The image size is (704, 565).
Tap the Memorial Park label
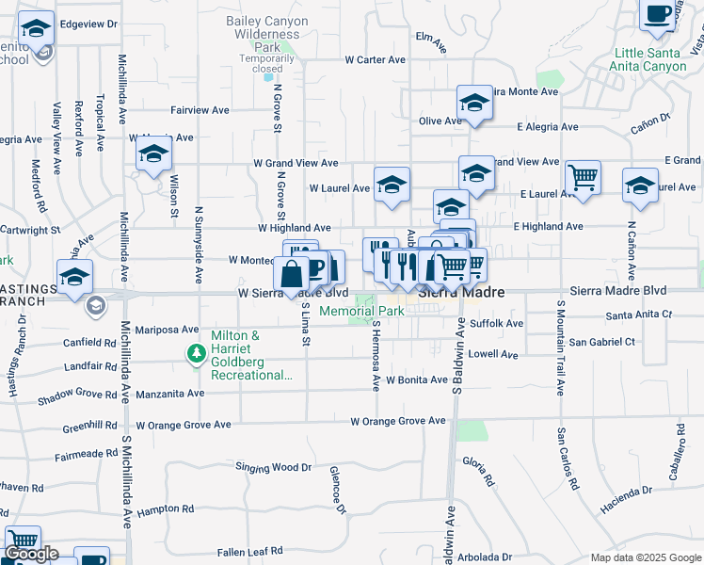click(x=361, y=312)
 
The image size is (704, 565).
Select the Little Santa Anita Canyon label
click(x=650, y=60)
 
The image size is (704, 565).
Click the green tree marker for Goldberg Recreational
click(x=197, y=354)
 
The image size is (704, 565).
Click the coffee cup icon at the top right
click(x=658, y=14)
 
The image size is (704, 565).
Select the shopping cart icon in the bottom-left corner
click(x=23, y=541)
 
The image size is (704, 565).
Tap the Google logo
click(x=31, y=555)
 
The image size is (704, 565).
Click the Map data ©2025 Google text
click(x=645, y=557)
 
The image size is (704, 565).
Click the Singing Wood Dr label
click(x=273, y=467)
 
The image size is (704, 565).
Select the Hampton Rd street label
click(x=165, y=509)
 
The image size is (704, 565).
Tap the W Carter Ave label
click(x=375, y=59)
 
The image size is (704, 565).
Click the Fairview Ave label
click(x=200, y=110)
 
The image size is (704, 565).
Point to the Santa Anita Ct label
click(x=640, y=315)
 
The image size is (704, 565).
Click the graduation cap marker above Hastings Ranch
click(x=74, y=277)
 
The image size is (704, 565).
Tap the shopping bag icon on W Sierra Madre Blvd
click(x=292, y=274)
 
